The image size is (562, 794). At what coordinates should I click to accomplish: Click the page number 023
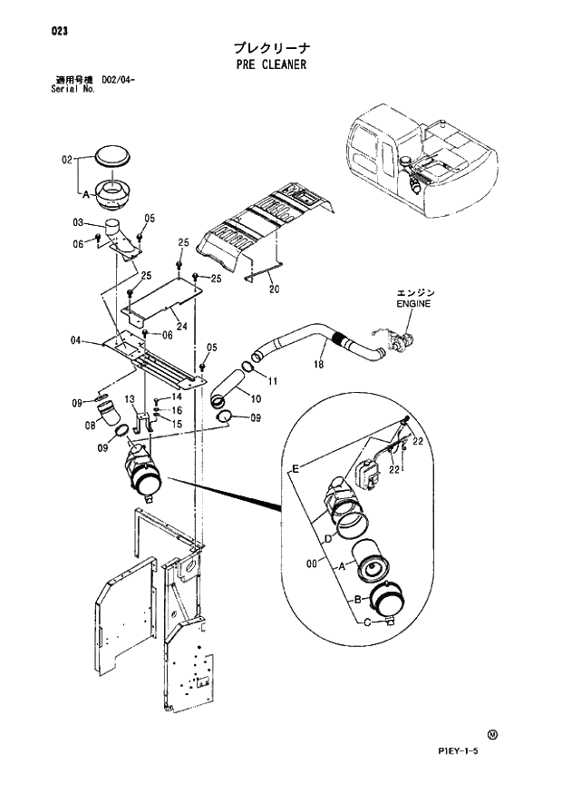[61, 31]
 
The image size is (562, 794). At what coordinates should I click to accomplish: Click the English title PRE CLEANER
[269, 64]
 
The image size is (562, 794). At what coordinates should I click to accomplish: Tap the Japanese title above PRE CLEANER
[269, 47]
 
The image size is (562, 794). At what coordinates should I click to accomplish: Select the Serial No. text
[73, 90]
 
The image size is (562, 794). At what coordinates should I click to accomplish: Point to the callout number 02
[67, 160]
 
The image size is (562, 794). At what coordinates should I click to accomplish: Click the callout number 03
[78, 222]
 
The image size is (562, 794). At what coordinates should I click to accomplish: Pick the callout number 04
[77, 340]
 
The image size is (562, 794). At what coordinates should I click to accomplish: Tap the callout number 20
[275, 290]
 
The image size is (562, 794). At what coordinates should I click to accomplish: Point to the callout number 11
[271, 379]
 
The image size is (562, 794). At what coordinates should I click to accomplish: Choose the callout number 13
[130, 398]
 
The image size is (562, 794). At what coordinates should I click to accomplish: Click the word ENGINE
[413, 304]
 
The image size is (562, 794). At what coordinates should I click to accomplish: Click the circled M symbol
[492, 735]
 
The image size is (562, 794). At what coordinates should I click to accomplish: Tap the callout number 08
[91, 424]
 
